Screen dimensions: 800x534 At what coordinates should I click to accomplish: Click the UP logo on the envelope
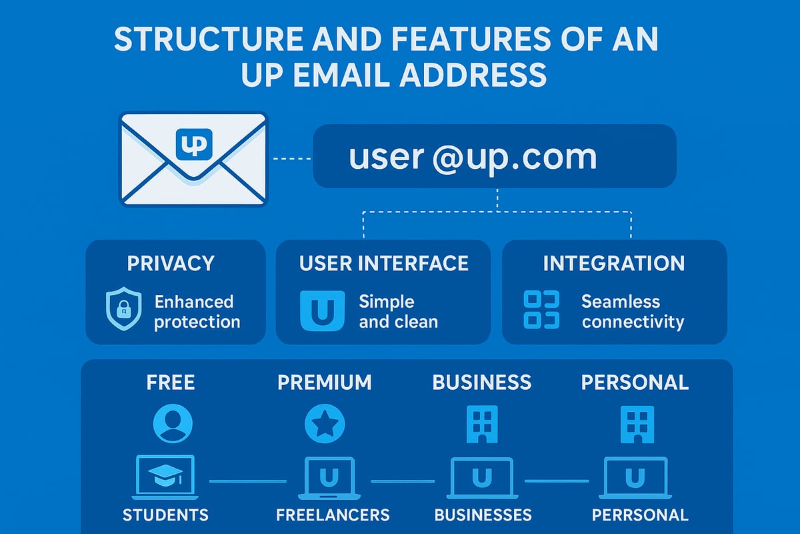[x=193, y=144]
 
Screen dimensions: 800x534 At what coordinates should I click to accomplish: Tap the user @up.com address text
[x=472, y=156]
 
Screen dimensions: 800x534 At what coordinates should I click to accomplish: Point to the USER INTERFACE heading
[x=383, y=263]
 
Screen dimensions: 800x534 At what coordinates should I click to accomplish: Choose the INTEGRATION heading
[x=613, y=263]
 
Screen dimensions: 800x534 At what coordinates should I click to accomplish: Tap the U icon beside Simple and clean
[x=323, y=310]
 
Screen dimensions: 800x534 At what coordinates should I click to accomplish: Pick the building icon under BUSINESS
[x=482, y=423]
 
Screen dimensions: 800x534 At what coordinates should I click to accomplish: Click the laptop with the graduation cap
[x=165, y=477]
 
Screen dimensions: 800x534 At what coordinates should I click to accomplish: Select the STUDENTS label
[x=165, y=515]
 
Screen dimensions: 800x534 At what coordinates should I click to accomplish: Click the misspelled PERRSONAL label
[x=639, y=515]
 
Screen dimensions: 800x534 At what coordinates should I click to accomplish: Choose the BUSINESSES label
[x=483, y=515]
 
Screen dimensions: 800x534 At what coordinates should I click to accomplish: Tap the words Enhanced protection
[x=197, y=312]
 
